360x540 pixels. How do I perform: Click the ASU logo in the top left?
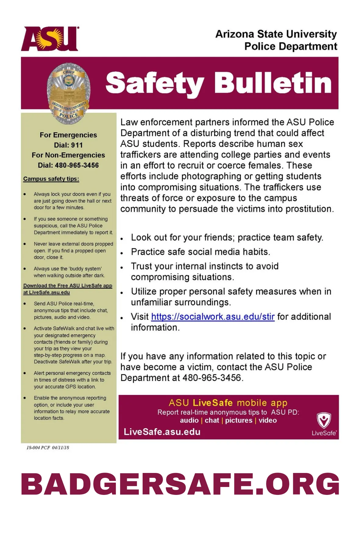pos(50,39)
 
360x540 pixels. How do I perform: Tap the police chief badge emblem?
pos(69,93)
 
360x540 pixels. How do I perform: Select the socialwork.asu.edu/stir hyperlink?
pos(213,317)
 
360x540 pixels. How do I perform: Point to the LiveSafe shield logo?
pos(324,420)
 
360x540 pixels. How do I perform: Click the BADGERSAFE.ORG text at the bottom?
pos(180,484)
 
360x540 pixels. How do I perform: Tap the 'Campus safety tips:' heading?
pos(51,179)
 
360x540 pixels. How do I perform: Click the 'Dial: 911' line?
pos(68,145)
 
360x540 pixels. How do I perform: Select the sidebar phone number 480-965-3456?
pos(77,165)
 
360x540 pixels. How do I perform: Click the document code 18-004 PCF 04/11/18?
pos(48,448)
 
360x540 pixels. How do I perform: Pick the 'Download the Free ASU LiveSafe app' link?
pos(68,286)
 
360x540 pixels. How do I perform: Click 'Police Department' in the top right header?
pos(290,46)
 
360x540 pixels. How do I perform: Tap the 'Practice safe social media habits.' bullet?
pos(201,252)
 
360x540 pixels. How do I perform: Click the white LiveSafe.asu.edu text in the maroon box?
pos(162,432)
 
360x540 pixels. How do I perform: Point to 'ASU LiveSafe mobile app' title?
pos(228,403)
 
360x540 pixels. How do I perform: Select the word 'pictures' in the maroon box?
pos(239,421)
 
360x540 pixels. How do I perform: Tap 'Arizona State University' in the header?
pos(276,34)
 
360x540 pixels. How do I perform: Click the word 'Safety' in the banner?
pos(155,83)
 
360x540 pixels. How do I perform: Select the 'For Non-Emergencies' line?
pos(68,155)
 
